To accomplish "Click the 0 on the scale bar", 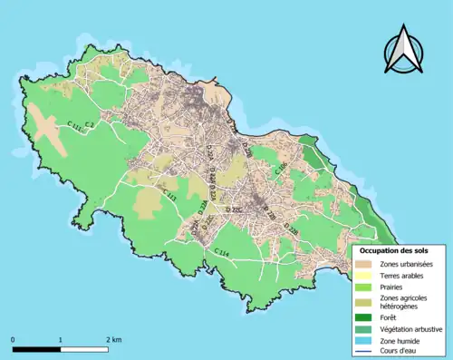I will coord(13,339).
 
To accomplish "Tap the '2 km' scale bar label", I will coord(113,339).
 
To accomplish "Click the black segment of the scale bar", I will coord(36,348).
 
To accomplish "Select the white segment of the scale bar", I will coord(84,348).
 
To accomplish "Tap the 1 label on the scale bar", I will coord(61,339).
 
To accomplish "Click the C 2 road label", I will coord(90,124).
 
